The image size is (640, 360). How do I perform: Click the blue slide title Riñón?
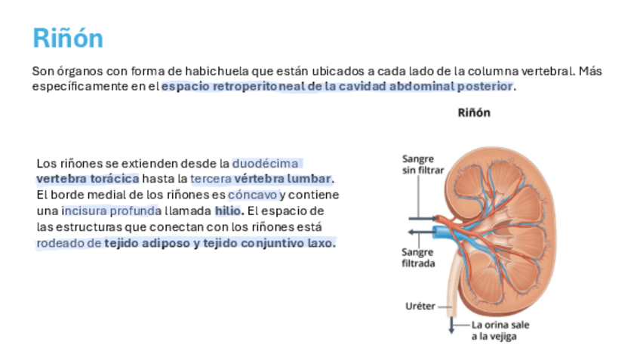tap(68, 38)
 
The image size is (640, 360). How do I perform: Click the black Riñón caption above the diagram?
tap(474, 113)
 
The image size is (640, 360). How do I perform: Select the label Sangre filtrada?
tap(417, 257)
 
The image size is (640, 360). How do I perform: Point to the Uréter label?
tap(420, 307)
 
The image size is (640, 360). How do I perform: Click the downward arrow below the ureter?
tap(451, 326)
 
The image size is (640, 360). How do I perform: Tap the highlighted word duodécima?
tap(266, 163)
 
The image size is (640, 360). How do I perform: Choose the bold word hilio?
tap(228, 211)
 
